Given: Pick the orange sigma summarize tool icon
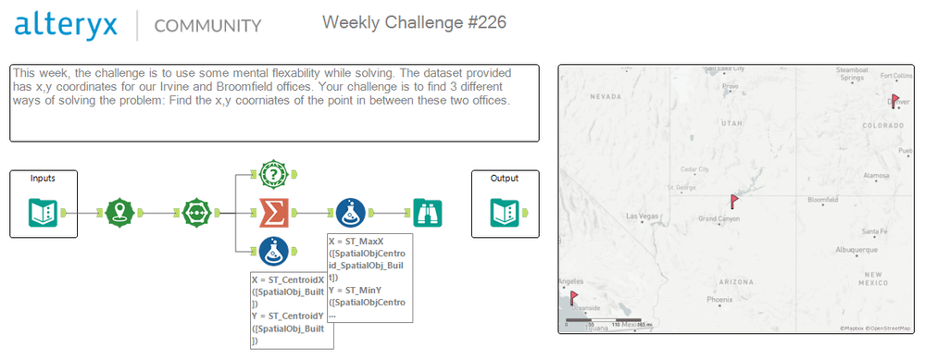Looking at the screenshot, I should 274,213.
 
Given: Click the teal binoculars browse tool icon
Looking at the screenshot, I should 428,213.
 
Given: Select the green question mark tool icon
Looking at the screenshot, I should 274,173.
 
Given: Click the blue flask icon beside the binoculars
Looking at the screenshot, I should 352,213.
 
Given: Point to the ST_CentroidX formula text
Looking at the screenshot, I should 288,279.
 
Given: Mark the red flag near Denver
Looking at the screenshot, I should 894,101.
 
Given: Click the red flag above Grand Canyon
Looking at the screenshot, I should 734,200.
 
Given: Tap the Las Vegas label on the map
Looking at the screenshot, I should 644,217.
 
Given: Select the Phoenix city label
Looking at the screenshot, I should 719,300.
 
